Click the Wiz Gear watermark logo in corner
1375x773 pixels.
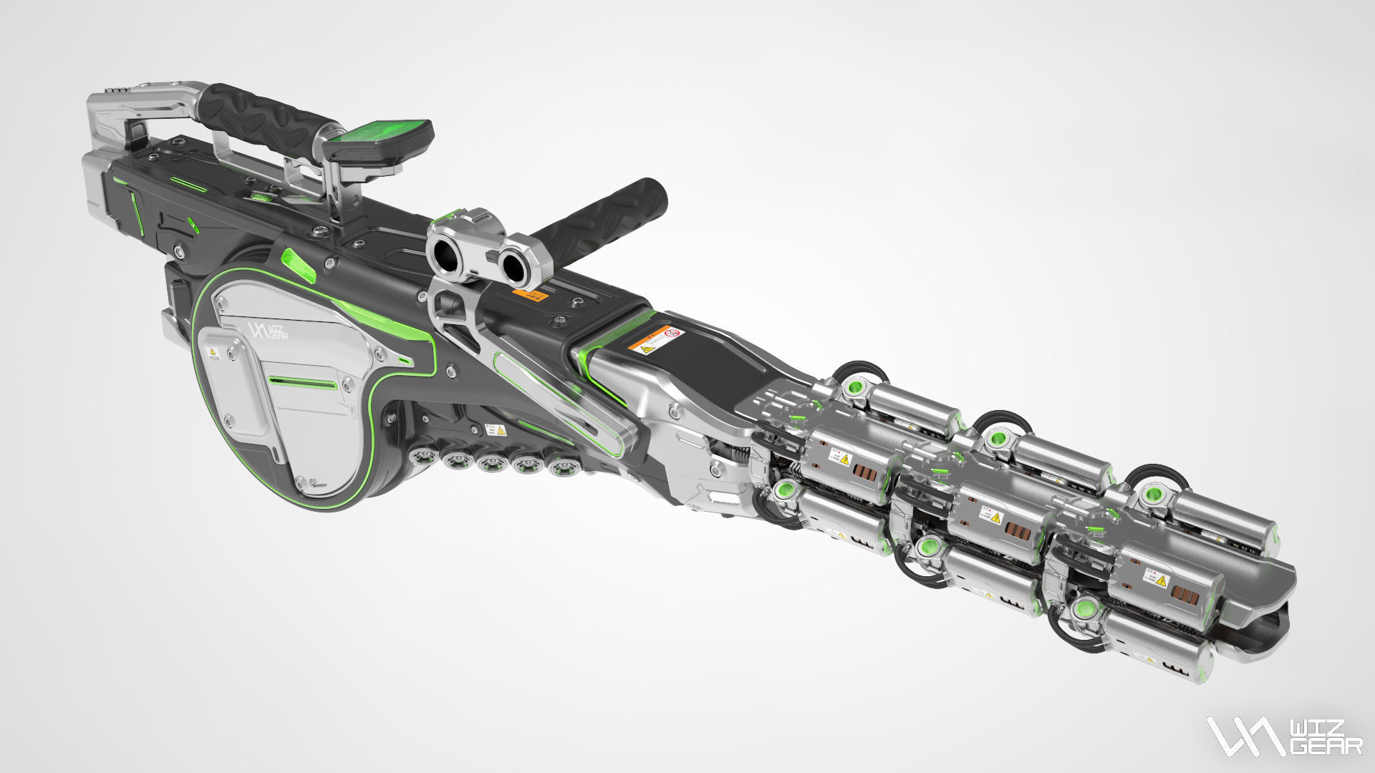(1283, 736)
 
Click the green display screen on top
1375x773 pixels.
(377, 133)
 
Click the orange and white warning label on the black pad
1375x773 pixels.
(657, 340)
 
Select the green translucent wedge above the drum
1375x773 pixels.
(299, 264)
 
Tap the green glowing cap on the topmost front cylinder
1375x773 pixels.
(1154, 495)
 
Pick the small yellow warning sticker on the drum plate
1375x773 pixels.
(213, 353)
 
